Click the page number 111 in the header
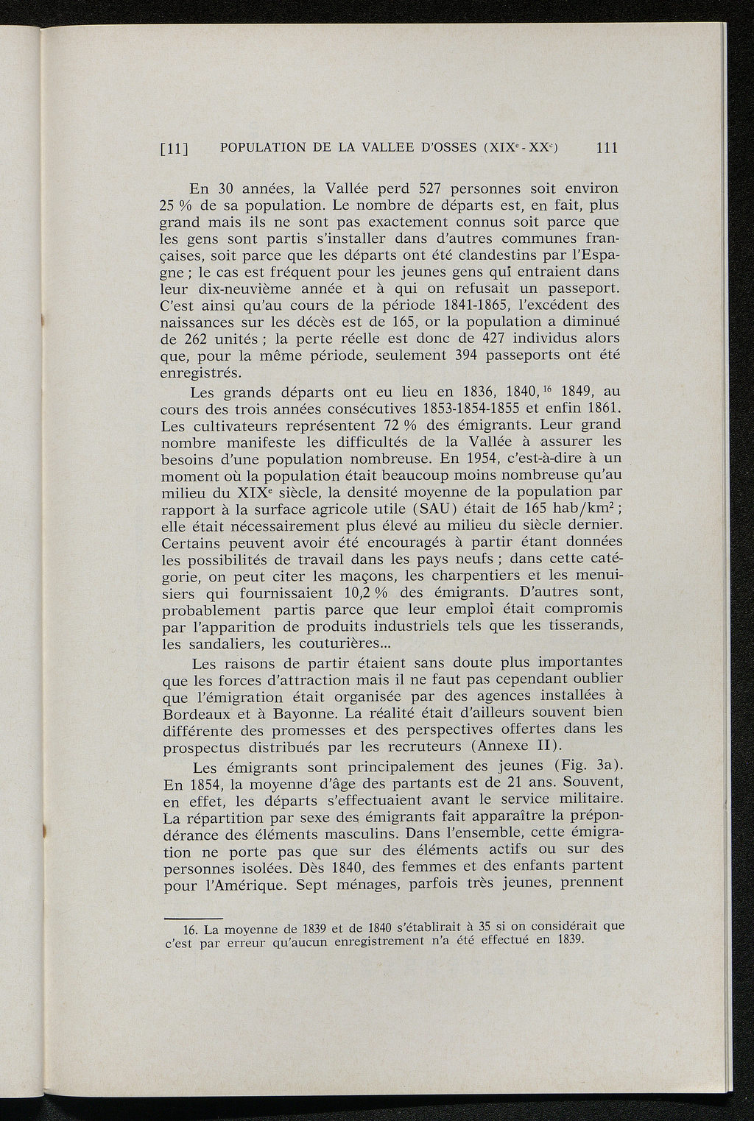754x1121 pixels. [606, 148]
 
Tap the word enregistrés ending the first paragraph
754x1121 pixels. [195, 372]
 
